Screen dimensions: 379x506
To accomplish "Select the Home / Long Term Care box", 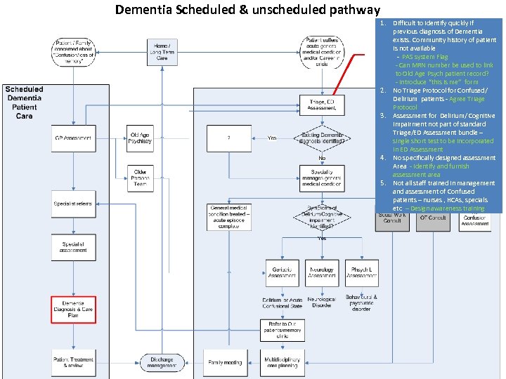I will (162, 51).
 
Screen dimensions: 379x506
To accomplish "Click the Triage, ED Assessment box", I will (322, 105).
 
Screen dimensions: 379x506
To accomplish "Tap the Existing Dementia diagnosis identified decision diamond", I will (322, 138).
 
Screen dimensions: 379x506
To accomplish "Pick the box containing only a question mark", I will (229, 138).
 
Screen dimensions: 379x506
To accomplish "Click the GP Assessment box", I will (73, 138).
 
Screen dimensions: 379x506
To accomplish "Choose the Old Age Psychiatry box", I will (140, 138).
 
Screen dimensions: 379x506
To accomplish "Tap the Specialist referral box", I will (73, 204).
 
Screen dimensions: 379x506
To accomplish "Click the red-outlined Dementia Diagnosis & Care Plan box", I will (73, 310).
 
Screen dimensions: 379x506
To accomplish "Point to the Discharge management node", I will (162, 362).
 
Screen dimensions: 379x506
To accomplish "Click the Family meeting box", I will (225, 362).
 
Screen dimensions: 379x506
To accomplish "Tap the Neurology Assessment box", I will (322, 272).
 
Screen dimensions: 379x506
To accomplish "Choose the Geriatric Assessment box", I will (282, 272).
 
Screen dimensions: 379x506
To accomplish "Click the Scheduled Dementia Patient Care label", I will (25, 102).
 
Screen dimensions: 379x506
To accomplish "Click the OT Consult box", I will (433, 218).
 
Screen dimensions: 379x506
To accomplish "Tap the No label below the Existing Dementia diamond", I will (322, 159).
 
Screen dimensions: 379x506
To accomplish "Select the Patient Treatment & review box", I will (73, 362).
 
